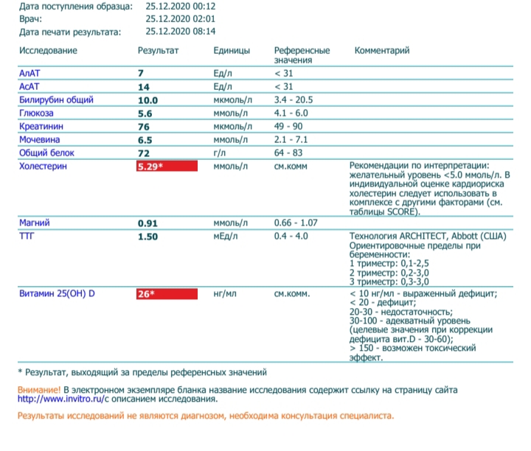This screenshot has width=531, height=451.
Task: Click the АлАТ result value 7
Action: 141,73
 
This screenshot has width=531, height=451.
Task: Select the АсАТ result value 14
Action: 144,86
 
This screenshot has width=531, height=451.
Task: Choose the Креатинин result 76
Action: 144,126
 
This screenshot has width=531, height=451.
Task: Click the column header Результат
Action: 159,51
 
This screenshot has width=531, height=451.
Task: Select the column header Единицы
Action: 231,51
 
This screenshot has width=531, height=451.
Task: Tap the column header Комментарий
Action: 381,51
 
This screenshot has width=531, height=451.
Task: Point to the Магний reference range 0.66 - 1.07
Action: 295,223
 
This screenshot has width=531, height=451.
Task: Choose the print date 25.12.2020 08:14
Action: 181,32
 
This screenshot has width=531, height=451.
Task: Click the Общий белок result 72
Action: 144,153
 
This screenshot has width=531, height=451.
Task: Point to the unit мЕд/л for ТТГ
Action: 227,236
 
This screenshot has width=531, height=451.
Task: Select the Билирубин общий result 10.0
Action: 148,99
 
